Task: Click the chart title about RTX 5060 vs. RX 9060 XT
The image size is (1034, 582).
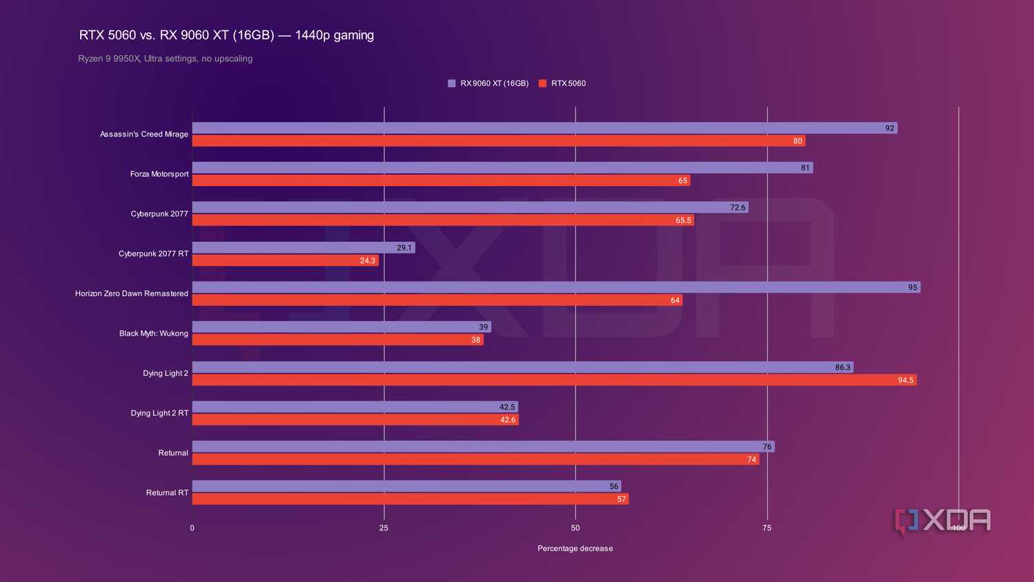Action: point(226,35)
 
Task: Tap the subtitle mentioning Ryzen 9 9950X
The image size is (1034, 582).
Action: point(166,59)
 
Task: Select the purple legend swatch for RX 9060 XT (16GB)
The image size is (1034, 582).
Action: point(451,83)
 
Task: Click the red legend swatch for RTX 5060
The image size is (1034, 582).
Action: point(542,83)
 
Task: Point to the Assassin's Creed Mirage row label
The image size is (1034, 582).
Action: point(144,134)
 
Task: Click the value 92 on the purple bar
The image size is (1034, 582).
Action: point(890,128)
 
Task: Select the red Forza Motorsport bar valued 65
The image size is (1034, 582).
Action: point(441,181)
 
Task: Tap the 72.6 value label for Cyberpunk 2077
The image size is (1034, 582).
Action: point(737,208)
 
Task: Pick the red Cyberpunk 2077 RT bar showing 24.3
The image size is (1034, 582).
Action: point(286,260)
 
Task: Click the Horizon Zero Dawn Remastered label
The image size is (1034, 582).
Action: point(132,294)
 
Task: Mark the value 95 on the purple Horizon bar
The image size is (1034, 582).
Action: point(913,288)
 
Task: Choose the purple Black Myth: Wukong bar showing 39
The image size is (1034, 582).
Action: point(341,327)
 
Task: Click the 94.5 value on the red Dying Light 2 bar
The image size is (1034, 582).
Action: point(906,381)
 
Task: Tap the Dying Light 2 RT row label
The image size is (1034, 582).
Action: point(159,413)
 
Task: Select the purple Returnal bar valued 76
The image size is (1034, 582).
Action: point(484,446)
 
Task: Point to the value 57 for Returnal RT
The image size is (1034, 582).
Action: point(622,499)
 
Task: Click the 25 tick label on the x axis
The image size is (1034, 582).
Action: point(384,528)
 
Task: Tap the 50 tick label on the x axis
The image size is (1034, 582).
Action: point(575,528)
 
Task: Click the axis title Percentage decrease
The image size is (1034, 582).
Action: point(575,548)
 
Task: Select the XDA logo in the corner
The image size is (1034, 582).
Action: point(942,521)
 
